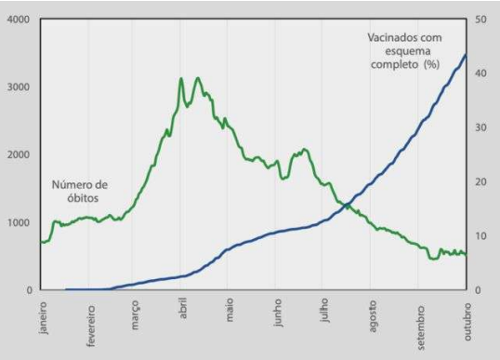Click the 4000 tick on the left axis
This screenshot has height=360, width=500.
tap(19, 20)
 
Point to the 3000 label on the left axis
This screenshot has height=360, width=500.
tap(19, 87)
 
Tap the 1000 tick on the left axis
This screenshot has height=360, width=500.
tap(19, 222)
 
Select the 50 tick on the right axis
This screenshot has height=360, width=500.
tap(480, 20)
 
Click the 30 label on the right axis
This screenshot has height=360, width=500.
tap(480, 127)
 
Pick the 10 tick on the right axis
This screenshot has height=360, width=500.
tap(480, 236)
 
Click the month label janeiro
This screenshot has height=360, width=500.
tap(44, 318)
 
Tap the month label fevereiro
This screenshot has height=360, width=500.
tap(91, 326)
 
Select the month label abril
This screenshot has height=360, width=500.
tap(183, 308)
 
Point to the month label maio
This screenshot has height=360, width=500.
tap(230, 310)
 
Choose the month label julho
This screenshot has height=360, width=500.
tap(324, 311)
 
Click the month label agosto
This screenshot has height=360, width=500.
tap(373, 316)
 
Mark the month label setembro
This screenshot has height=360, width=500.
tap(421, 327)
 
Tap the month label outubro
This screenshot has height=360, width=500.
tap(467, 322)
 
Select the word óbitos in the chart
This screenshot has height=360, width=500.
tap(83, 198)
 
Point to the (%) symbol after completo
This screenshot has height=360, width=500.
tap(432, 65)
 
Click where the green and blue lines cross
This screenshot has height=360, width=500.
tap(347, 205)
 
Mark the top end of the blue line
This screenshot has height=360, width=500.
tap(466, 55)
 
